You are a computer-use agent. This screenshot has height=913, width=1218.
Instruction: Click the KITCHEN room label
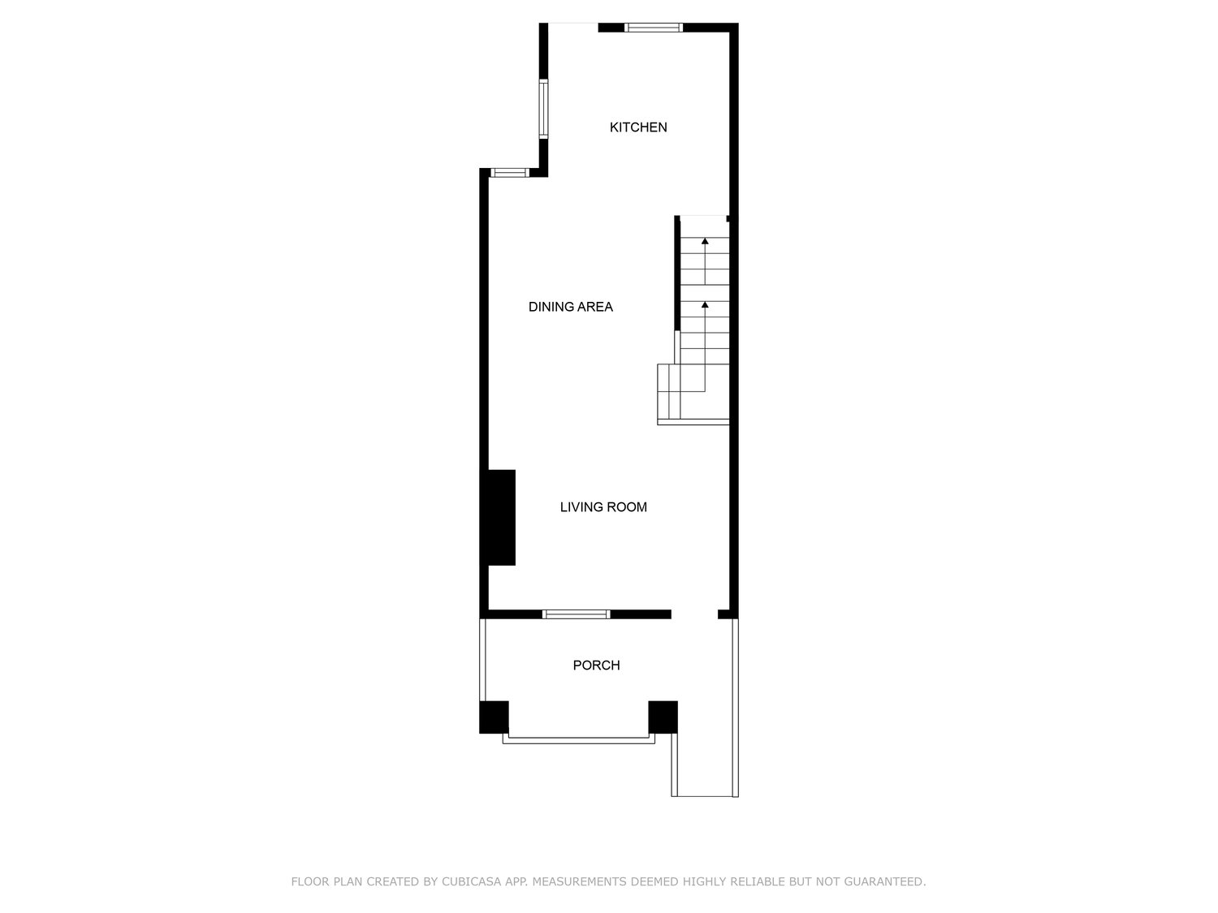(x=637, y=127)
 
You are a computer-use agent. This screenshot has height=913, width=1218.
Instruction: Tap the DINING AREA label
(x=570, y=307)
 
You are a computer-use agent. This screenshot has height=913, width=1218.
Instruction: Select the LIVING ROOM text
(x=603, y=506)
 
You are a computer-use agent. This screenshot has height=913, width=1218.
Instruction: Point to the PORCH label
(x=596, y=665)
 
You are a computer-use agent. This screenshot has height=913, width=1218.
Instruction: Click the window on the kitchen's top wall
(x=653, y=28)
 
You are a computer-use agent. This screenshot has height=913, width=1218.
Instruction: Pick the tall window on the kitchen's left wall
(x=543, y=109)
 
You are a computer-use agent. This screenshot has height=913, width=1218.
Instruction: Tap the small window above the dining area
(x=510, y=172)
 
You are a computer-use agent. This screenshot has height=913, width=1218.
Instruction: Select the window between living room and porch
(x=576, y=614)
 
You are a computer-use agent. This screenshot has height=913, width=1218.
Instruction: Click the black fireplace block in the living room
(x=501, y=517)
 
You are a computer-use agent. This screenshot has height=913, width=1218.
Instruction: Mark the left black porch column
(x=494, y=717)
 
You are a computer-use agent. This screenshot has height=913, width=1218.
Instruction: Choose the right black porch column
(x=663, y=717)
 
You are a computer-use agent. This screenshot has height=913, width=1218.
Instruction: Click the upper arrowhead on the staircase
(x=705, y=241)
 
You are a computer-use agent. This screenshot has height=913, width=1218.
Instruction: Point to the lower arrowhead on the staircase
(x=705, y=305)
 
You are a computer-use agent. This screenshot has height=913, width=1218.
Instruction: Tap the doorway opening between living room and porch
(x=694, y=614)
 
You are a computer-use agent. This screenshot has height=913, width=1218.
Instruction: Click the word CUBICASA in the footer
(x=471, y=881)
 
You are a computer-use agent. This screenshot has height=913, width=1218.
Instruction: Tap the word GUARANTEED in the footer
(x=885, y=881)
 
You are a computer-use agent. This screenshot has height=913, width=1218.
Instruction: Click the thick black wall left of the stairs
(x=677, y=273)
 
